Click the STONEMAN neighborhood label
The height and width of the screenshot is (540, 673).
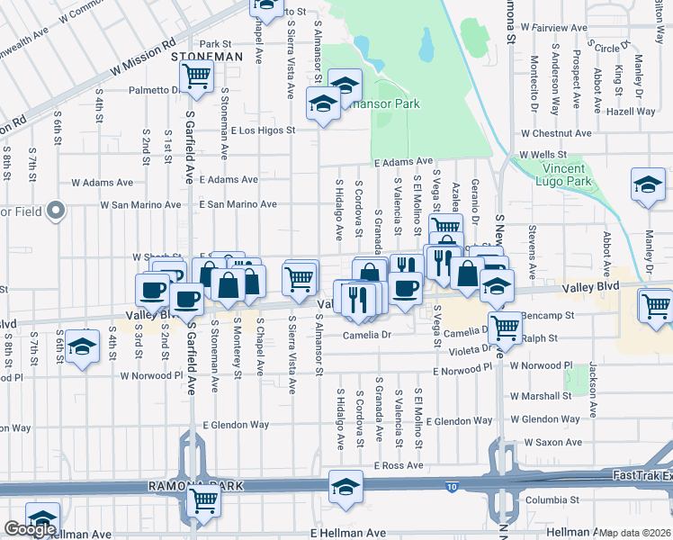pos(206,56)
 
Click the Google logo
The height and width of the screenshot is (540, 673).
pos(30,529)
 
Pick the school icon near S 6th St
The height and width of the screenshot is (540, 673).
pos(82,347)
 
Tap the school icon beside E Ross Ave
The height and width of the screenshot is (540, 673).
pos(345,485)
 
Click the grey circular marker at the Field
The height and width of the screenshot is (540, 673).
pos(57,212)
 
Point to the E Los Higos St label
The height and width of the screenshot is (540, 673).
pos(263,130)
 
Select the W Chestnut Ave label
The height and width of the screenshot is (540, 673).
pos(555,133)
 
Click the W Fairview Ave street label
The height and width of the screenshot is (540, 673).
pos(554,28)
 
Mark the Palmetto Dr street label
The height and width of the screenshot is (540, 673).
pos(155,90)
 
